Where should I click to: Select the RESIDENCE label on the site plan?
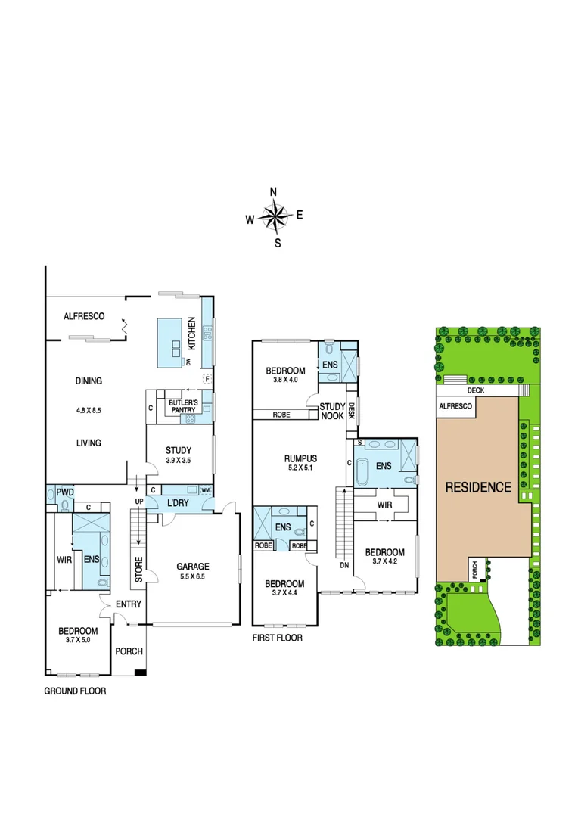click(477, 487)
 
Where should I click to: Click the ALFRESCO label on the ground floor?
click(83, 316)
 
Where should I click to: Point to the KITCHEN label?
click(192, 333)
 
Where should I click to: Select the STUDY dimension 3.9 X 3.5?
click(179, 461)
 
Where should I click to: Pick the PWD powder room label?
click(65, 492)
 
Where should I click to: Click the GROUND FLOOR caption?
click(75, 691)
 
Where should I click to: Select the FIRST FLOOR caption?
click(277, 638)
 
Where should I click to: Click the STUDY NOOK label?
click(331, 411)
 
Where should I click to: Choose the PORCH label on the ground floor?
click(129, 651)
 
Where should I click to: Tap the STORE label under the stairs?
click(138, 570)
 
